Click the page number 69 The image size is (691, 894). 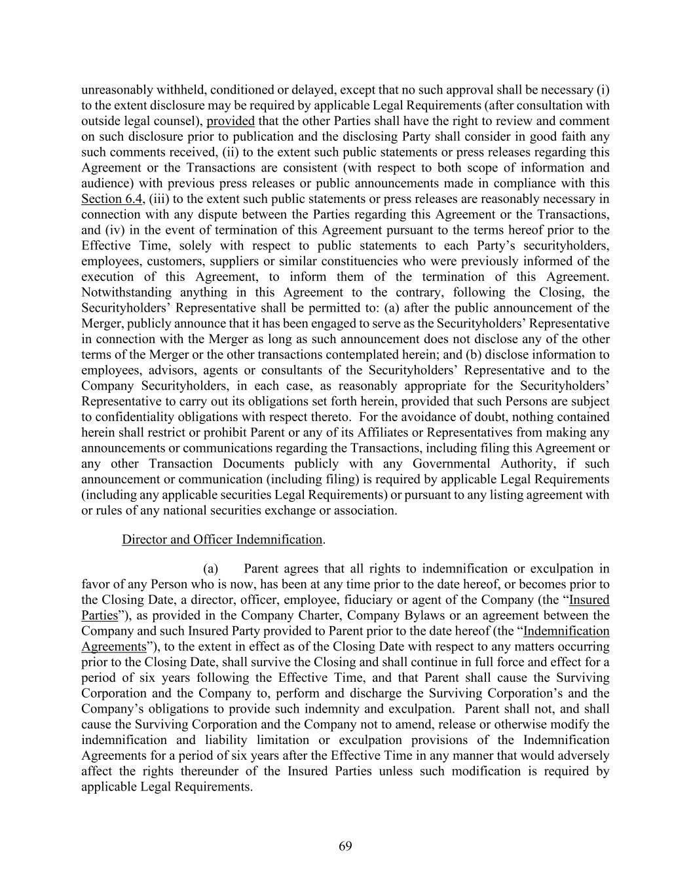345,846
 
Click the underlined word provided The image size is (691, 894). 231,121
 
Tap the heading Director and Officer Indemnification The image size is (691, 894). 222,540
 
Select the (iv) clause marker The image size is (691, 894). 112,230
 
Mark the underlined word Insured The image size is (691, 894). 589,600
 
